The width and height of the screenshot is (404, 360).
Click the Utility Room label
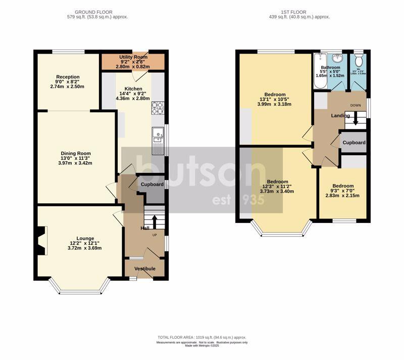133,57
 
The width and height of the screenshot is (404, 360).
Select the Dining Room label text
76,153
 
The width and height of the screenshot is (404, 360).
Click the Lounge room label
85,238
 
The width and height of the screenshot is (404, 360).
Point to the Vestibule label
144,268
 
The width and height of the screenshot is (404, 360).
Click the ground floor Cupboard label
152,185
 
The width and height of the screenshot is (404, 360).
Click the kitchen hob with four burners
158,108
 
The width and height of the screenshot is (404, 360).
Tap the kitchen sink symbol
158,136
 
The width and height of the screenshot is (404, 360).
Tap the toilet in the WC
359,61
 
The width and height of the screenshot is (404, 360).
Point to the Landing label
340,116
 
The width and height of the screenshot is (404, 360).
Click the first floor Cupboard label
354,143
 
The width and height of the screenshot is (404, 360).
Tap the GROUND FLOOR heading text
93,12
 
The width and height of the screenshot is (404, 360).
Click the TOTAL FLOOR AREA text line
201,337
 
